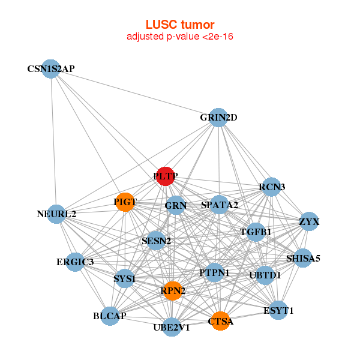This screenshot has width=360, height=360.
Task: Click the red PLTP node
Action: tap(165, 176)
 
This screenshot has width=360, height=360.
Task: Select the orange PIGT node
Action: tap(124, 202)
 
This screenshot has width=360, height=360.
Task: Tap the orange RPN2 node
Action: tap(172, 291)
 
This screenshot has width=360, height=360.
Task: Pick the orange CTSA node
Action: tap(220, 322)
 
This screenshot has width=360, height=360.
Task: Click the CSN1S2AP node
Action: tap(51, 69)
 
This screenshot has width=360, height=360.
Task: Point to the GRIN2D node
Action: tap(218, 118)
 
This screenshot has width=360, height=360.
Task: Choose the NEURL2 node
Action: tap(56, 214)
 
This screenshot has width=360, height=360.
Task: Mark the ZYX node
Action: tap(309, 222)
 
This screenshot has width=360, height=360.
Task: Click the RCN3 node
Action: tap(272, 187)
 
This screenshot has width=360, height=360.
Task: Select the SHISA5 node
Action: tap(303, 259)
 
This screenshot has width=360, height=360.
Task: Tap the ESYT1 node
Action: tap(278, 310)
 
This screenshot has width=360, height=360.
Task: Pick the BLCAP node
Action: tap(110, 316)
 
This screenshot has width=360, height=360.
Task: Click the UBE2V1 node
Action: tap(172, 327)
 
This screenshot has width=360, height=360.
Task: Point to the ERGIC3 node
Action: tap(75, 262)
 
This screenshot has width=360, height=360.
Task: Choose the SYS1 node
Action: tap(124, 278)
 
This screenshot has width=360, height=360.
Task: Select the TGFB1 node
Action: tap(256, 232)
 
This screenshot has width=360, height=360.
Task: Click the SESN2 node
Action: tap(156, 241)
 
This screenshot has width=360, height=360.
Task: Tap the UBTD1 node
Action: tap(265, 275)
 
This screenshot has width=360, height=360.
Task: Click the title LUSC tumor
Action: tap(179, 25)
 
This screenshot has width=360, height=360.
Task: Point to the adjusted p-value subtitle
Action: tap(179, 37)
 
